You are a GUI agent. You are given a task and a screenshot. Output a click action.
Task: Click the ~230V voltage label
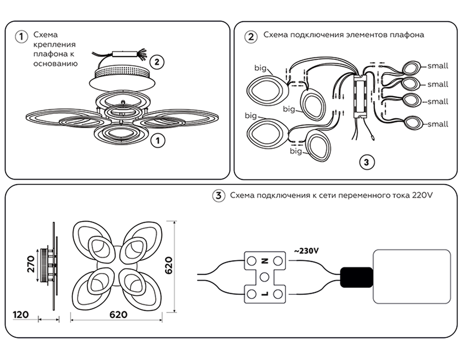(306, 251)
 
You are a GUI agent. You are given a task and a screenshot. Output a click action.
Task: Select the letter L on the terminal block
(265, 293)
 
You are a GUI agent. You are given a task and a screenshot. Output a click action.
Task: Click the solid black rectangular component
(356, 277)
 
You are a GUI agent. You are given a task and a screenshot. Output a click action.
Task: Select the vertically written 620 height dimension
(169, 265)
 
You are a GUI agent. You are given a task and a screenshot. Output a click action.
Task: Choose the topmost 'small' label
(438, 66)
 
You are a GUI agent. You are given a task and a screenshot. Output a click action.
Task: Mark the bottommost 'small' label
(438, 124)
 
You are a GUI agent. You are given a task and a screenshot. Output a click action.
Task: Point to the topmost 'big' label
(260, 68)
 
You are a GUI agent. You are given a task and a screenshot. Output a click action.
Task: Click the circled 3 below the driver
(366, 162)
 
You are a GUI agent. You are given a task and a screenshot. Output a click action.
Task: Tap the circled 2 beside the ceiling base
(157, 61)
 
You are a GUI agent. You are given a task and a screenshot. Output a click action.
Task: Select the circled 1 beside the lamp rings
(158, 140)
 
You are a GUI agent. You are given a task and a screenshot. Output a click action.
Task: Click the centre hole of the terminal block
(264, 277)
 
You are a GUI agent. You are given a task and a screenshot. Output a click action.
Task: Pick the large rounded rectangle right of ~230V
(412, 277)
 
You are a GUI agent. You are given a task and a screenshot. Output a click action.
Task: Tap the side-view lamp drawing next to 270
(50, 266)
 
